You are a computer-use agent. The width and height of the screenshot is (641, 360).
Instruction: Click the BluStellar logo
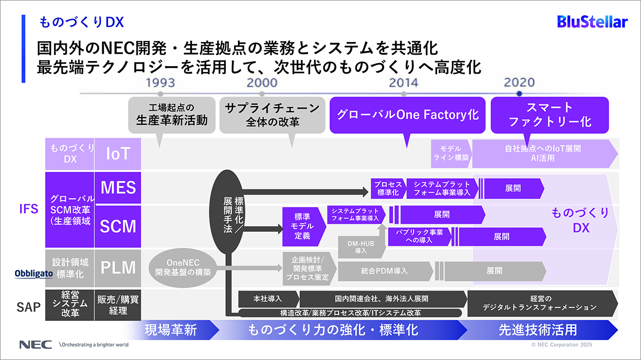(x=592, y=22)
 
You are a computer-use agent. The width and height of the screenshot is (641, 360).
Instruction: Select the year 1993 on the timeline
(x=160, y=83)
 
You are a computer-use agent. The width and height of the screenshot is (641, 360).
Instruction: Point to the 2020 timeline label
(x=519, y=83)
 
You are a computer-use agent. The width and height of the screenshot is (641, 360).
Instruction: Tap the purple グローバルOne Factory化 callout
(x=407, y=115)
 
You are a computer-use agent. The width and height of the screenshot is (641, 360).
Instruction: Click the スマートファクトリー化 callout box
(x=549, y=115)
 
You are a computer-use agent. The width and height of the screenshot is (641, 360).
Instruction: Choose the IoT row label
(x=118, y=154)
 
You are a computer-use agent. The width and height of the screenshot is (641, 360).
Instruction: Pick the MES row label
(x=118, y=188)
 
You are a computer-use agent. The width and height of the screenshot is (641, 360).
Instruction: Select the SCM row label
(x=118, y=226)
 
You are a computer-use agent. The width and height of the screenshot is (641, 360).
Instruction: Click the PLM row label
(x=118, y=267)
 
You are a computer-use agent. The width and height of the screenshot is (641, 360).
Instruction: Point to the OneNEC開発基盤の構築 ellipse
(x=182, y=267)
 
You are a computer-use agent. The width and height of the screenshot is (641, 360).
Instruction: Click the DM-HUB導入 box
(x=360, y=247)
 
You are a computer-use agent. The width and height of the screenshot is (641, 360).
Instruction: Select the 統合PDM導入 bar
(x=385, y=271)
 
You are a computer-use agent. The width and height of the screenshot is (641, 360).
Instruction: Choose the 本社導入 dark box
(x=268, y=298)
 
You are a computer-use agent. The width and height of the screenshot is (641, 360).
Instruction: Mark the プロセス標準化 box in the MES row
(x=388, y=188)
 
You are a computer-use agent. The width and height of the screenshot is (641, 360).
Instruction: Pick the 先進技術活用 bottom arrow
(x=538, y=330)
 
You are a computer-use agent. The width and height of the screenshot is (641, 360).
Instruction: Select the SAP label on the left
(x=28, y=306)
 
